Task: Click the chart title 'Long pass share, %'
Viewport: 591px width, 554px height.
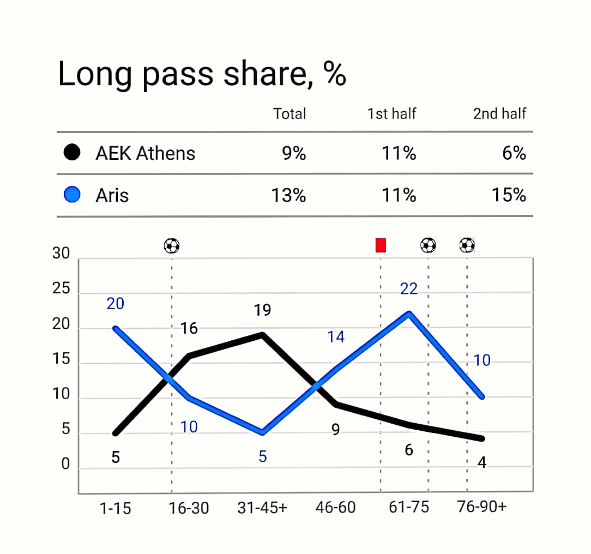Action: [x=202, y=74]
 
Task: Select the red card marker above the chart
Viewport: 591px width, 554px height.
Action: [x=381, y=245]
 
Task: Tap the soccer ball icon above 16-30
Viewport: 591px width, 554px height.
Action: [x=172, y=246]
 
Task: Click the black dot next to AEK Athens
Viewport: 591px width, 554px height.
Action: [x=72, y=153]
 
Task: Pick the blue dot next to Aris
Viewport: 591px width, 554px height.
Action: [x=72, y=195]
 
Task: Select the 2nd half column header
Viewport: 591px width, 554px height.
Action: [x=499, y=113]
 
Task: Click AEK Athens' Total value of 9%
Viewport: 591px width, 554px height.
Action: [x=294, y=153]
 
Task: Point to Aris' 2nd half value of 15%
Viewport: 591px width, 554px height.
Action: [x=509, y=195]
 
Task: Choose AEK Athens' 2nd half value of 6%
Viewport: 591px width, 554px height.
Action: [x=514, y=153]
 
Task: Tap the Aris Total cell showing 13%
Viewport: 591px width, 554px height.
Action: [x=289, y=195]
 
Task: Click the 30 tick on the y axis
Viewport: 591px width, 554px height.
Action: [x=61, y=254]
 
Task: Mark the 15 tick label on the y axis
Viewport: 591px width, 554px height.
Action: [x=61, y=360]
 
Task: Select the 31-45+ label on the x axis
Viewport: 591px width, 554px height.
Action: [x=262, y=508]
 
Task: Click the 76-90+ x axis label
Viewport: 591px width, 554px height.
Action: [x=481, y=507]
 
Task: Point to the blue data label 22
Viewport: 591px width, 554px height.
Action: [x=409, y=288]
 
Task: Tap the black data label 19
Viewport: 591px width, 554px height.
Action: [x=262, y=310]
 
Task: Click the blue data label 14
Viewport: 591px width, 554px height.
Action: [x=336, y=337]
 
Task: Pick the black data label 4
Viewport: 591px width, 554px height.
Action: [x=481, y=462]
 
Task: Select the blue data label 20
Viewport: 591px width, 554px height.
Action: [x=115, y=304]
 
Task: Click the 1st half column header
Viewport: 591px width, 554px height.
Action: [x=391, y=113]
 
